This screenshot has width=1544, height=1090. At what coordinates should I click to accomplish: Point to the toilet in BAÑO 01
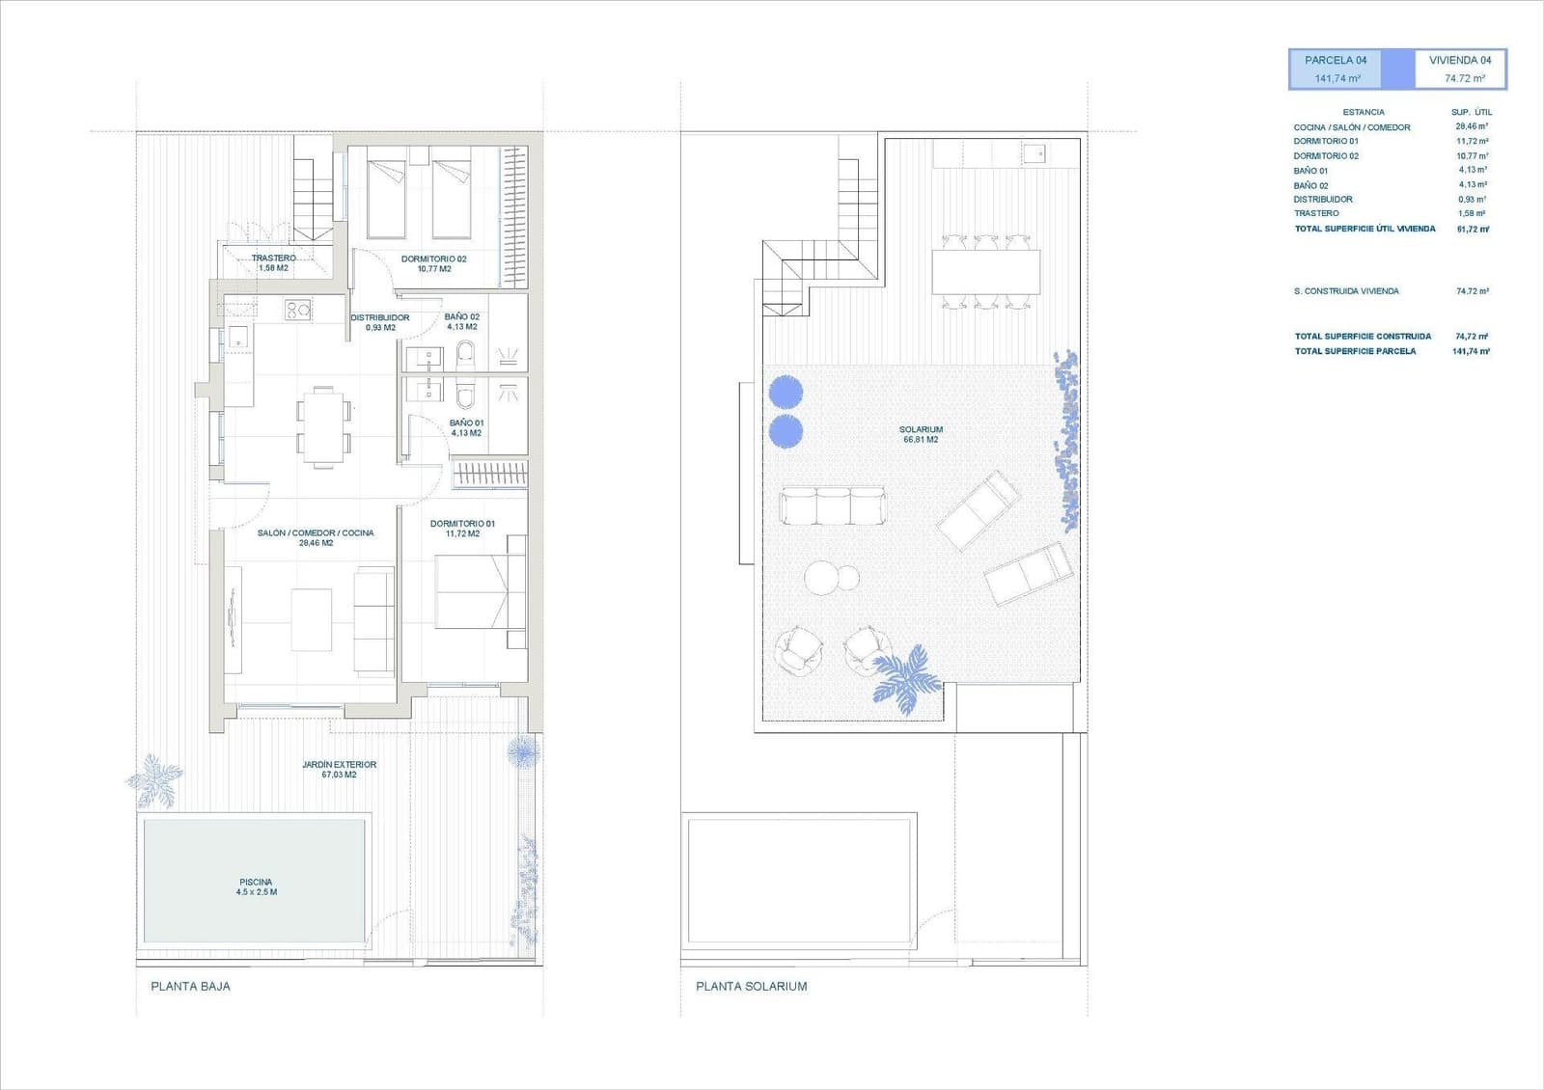[x=466, y=395]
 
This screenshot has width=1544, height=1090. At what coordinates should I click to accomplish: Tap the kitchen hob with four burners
[x=296, y=310]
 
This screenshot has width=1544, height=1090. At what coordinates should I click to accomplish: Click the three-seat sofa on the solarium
[x=832, y=504]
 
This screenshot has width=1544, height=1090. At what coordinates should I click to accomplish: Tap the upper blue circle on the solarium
[x=786, y=392]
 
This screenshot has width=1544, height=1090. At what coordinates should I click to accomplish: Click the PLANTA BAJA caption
[x=191, y=986]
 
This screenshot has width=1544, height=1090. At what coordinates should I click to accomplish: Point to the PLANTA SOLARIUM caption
[x=752, y=986]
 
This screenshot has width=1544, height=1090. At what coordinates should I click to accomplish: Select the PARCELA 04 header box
[x=1337, y=68]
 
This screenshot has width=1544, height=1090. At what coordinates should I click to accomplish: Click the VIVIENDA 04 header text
[x=1459, y=60]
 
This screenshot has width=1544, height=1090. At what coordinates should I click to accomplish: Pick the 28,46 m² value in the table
[x=1472, y=126]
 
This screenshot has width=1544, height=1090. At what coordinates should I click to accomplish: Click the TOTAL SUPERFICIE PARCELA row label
[x=1355, y=351]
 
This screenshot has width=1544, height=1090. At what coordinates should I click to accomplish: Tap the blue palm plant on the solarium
[x=906, y=677]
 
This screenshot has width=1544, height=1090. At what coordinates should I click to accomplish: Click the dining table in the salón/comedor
[x=323, y=423]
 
